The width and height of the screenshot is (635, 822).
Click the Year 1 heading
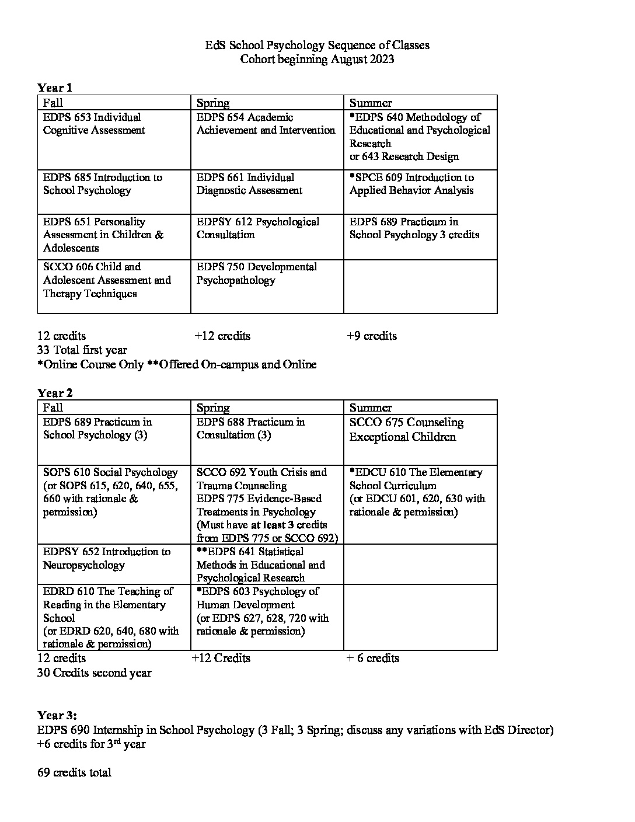click(55, 88)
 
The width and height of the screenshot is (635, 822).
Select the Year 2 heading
click(55, 393)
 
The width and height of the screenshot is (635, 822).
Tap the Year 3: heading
click(57, 716)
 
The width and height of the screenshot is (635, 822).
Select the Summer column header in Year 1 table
click(371, 103)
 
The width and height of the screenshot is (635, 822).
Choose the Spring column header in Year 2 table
click(213, 407)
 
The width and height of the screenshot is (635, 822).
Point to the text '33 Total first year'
click(82, 350)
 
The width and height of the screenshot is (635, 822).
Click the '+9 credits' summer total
click(371, 336)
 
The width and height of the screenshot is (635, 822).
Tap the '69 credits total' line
click(74, 772)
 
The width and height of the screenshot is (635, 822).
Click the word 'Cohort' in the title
click(260, 59)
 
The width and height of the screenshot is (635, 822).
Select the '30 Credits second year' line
click(94, 673)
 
